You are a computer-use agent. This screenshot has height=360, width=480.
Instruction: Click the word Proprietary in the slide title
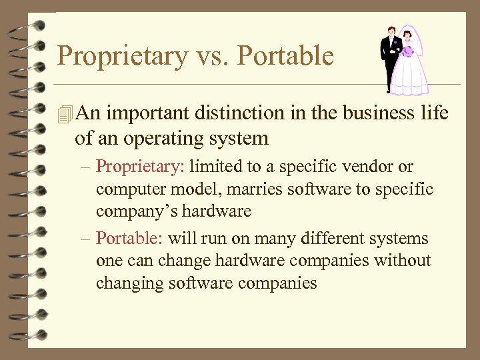(122, 56)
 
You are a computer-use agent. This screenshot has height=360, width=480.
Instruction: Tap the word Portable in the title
(285, 56)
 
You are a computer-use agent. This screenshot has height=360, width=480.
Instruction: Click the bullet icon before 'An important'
(64, 114)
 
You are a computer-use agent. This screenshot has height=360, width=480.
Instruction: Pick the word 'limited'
(200, 167)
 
